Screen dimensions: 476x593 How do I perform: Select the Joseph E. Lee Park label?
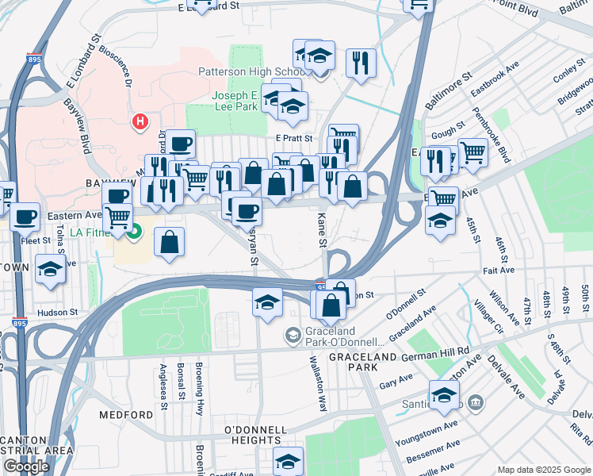[239, 102]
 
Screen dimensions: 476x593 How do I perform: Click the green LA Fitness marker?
[134, 232]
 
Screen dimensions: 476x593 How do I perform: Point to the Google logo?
[26, 466]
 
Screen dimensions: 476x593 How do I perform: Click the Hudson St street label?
[60, 313]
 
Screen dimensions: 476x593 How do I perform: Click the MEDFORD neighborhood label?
[127, 415]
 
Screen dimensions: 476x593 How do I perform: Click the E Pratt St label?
[295, 138]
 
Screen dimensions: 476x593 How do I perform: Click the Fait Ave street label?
[499, 271]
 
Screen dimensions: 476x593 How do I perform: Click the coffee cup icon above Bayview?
[181, 144]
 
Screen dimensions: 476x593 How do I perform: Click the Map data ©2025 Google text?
[545, 470]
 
